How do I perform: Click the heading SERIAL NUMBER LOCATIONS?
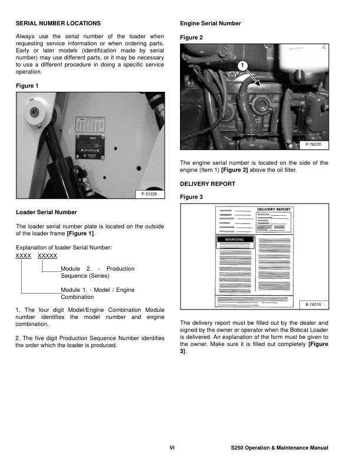coord(58,23)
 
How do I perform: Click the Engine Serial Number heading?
coord(210,23)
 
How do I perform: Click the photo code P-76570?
coord(316,144)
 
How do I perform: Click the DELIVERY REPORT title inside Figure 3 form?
coord(274,209)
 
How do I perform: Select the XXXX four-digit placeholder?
coord(23,256)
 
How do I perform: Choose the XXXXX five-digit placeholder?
coord(47,256)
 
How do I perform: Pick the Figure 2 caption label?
coord(191,37)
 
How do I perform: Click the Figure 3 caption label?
coord(191,198)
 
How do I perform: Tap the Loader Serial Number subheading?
coord(46,212)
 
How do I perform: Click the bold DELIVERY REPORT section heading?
coord(207,184)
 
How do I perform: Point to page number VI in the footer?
coord(172,448)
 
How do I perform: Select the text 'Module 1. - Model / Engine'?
coord(98,290)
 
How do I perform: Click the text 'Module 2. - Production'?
coord(98,268)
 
